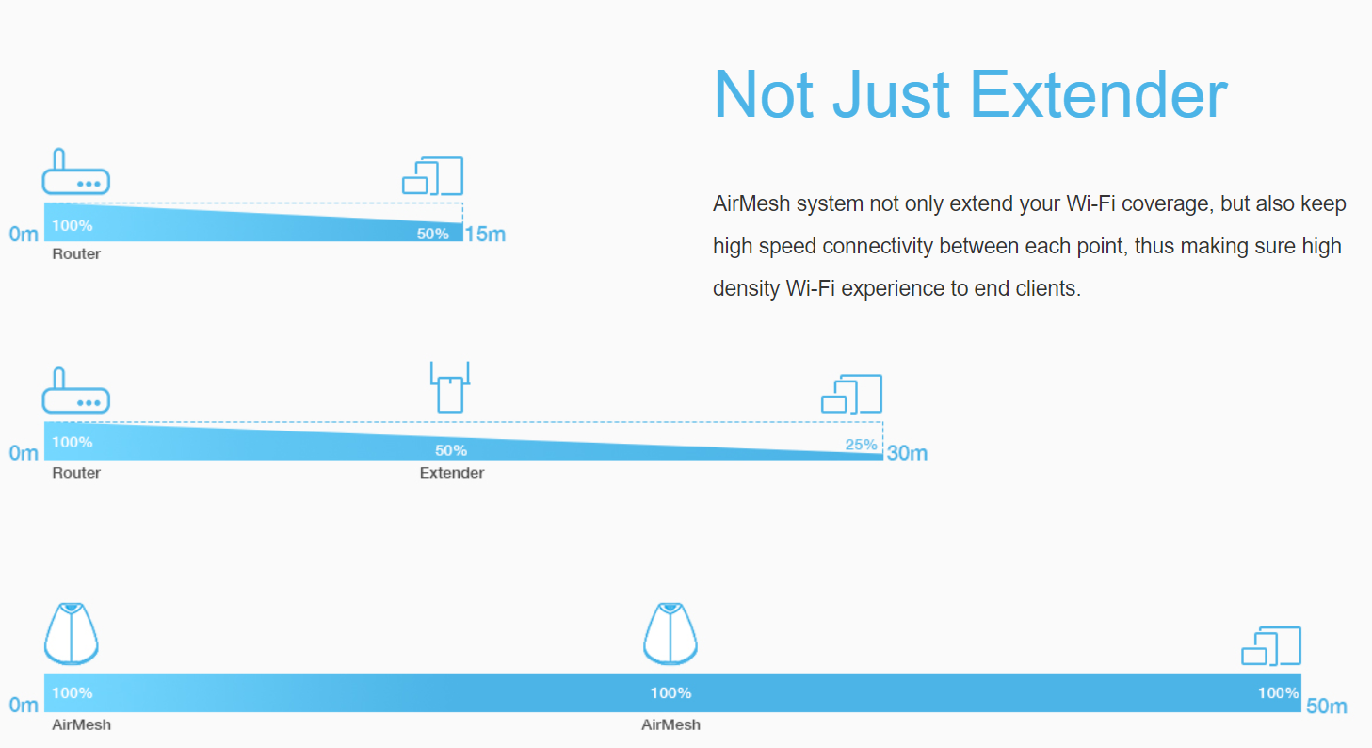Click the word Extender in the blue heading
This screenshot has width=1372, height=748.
[1099, 95]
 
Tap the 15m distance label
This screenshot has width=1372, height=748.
[485, 234]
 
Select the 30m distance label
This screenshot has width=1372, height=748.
[907, 453]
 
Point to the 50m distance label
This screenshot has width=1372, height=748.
[1327, 707]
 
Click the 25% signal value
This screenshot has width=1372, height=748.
[862, 445]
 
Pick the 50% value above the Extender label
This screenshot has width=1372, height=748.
[451, 451]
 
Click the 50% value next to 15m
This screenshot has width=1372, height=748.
[432, 234]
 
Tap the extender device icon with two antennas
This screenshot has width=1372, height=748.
[450, 387]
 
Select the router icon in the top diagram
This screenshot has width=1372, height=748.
[76, 171]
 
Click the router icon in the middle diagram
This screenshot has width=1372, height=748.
[76, 391]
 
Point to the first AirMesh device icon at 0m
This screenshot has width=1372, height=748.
[71, 633]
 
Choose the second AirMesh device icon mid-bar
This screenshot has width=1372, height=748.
[670, 633]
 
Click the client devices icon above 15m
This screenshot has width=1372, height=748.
[432, 176]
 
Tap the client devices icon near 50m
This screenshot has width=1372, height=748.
[1271, 645]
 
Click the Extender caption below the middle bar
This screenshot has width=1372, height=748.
[452, 473]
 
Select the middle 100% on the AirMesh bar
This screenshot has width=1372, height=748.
[670, 693]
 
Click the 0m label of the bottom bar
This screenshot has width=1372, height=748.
[24, 705]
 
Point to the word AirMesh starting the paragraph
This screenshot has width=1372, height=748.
[751, 203]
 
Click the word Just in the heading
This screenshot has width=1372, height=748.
[891, 95]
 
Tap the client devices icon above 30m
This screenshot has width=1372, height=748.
[852, 394]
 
